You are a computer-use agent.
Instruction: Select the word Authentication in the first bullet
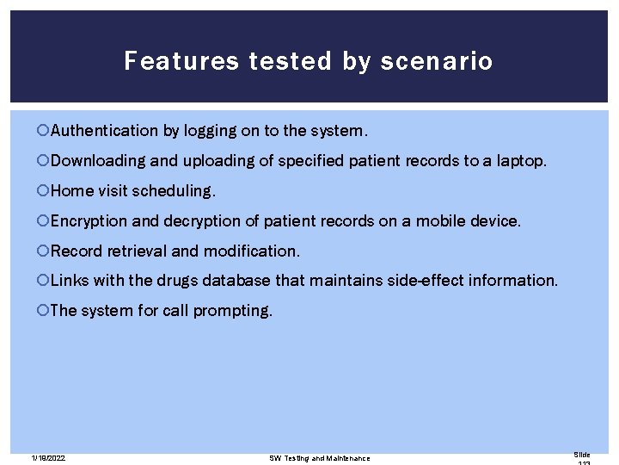point(104,131)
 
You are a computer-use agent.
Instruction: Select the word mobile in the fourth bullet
point(439,220)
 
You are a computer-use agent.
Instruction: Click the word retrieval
point(135,251)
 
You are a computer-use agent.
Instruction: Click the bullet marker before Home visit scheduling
point(43,190)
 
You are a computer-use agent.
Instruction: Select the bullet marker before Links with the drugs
point(43,280)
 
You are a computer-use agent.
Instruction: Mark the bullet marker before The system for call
point(43,310)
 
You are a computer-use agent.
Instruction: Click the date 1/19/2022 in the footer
point(47,458)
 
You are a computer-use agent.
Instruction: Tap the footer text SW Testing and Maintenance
point(320,458)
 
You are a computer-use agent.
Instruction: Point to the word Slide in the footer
point(582,454)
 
